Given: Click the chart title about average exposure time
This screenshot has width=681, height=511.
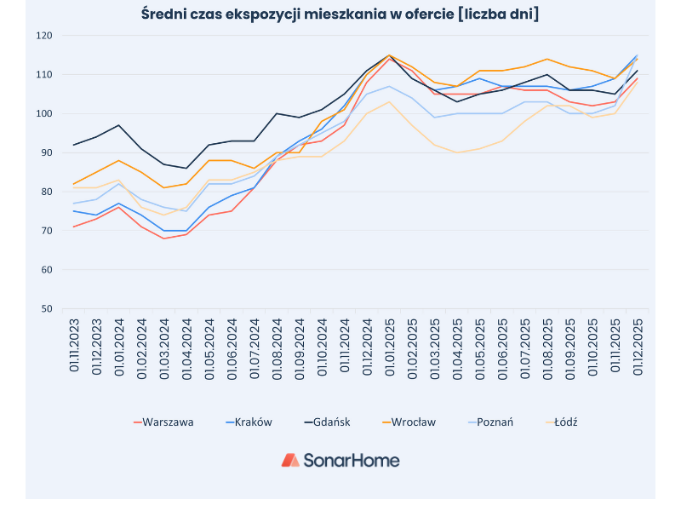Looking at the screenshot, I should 340,14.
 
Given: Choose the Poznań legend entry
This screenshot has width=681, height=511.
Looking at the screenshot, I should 495,422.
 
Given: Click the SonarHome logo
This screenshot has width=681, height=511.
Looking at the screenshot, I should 340,460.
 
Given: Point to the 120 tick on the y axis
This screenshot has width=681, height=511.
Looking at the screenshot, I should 44,36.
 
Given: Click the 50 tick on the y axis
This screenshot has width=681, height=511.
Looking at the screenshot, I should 47,309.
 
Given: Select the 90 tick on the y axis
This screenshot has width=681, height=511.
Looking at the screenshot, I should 47,153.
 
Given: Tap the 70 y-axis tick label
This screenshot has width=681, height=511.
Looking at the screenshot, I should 47,231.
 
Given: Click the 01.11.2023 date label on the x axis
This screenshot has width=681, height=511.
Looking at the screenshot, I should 75,345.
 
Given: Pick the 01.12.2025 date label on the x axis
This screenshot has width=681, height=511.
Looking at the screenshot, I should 637,345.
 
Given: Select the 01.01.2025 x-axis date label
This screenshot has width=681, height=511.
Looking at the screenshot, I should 390,345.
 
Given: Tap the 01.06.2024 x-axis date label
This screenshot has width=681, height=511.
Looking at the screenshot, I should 232,345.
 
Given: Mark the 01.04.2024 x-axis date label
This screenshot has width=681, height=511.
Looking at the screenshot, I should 187,345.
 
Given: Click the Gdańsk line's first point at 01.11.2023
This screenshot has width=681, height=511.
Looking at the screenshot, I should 74,145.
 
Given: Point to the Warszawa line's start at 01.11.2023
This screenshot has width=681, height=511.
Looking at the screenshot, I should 74,227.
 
